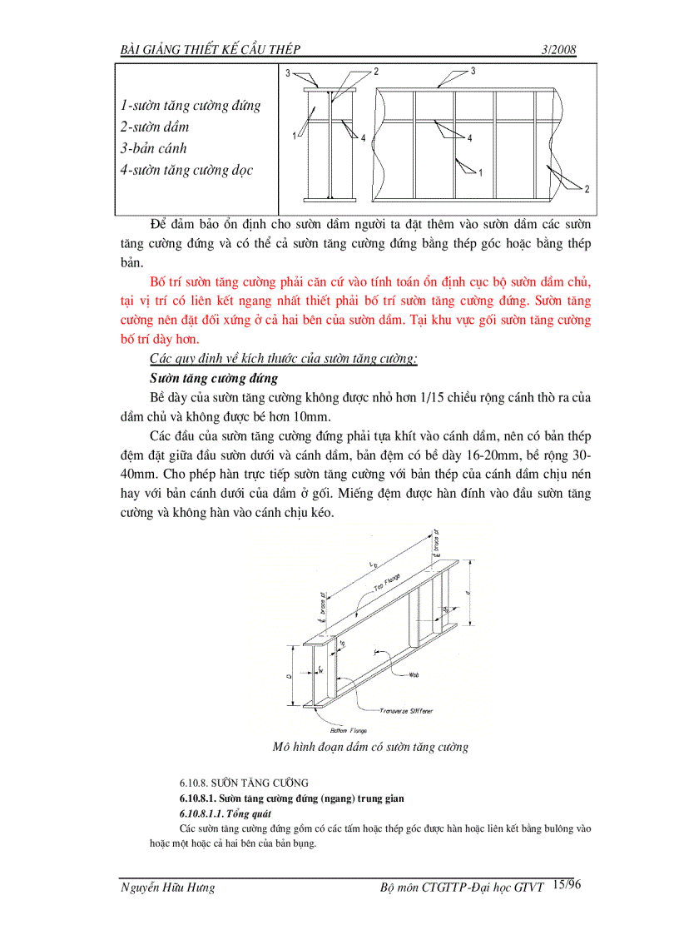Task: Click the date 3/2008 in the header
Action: coord(558,50)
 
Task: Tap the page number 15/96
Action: coord(566,885)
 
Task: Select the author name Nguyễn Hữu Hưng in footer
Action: coord(167,888)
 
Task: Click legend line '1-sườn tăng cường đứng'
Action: coord(191,106)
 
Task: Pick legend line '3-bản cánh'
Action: coord(154,149)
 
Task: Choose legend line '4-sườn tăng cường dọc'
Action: coord(186,171)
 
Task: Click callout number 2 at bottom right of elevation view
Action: coord(586,190)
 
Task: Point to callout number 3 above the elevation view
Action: coord(473,72)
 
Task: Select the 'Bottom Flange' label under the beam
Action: coord(349,730)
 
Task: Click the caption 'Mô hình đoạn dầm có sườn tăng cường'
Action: coord(370,747)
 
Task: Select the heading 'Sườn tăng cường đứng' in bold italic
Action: coord(214,378)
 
